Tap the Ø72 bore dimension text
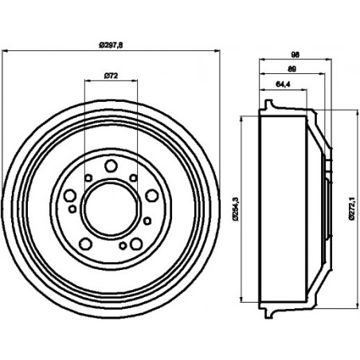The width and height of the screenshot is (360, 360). (x=111, y=76)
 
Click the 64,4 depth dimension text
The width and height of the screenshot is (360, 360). (x=282, y=83)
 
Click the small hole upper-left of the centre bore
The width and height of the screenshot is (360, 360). (x=88, y=177)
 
